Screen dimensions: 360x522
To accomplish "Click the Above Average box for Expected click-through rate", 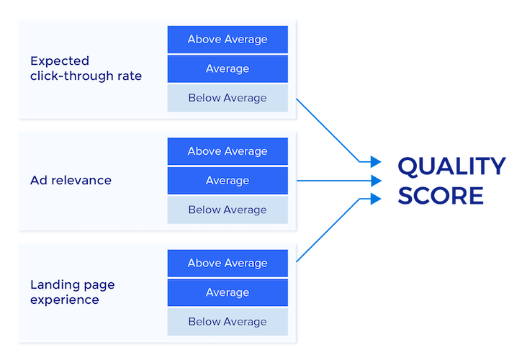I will click(x=228, y=40).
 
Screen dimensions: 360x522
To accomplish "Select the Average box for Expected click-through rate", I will click(x=228, y=69).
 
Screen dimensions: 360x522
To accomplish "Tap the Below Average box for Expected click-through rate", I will click(x=228, y=98).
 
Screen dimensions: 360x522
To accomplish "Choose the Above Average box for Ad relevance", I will click(x=228, y=151).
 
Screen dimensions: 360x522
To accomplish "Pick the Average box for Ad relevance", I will click(x=228, y=181).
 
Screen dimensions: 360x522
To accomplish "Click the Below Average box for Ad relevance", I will click(x=228, y=210).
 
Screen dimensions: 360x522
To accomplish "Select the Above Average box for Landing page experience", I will click(x=228, y=263).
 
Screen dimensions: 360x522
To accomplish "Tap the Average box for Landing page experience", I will click(x=228, y=292).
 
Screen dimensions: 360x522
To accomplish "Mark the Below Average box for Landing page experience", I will click(x=228, y=322).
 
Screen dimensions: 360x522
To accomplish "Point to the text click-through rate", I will click(x=86, y=76).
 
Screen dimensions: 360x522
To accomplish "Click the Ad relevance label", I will click(x=71, y=180).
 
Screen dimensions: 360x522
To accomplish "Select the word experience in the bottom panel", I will click(x=64, y=300).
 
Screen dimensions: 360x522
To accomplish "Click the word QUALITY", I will click(x=451, y=166).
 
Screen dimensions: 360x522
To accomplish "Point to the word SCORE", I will click(x=440, y=196).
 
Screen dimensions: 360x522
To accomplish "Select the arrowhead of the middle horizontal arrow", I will click(x=375, y=181).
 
